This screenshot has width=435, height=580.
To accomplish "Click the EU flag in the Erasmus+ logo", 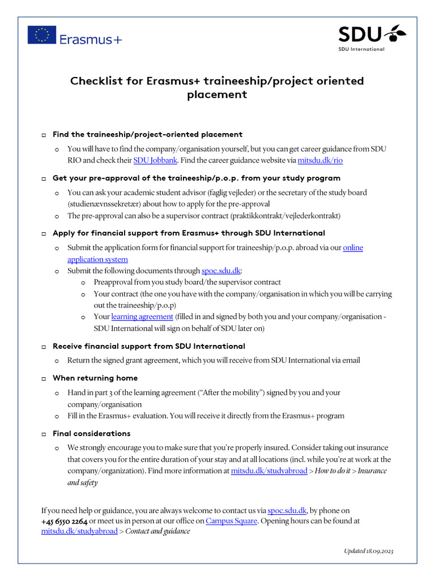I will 42,35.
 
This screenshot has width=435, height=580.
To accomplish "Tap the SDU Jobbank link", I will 155,160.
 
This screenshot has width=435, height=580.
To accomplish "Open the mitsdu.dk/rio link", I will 320,160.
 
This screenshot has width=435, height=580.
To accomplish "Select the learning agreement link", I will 142,317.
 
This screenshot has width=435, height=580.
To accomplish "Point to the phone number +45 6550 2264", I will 65,521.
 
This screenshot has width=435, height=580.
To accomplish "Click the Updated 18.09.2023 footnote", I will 368,551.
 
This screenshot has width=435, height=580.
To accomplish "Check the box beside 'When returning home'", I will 44,378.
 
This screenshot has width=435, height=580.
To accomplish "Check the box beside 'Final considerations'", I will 44,434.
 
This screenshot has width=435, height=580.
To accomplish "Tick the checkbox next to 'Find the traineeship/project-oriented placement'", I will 44,135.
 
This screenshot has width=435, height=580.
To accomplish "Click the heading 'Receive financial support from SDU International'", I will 148,346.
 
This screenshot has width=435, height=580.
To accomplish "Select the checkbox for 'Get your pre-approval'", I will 44,178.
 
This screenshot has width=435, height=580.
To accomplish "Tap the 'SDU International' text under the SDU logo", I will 361,49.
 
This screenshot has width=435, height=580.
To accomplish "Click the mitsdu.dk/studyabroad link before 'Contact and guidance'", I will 79,531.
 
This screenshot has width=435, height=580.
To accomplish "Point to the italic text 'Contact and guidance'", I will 157,531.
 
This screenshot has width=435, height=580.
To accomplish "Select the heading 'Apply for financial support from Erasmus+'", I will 189,233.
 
